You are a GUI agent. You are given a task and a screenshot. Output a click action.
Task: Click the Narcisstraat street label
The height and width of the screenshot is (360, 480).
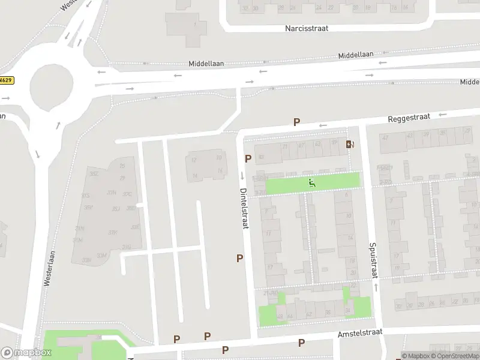coord(306,28)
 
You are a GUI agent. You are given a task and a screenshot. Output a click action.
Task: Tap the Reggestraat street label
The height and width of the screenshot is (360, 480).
coord(409,118)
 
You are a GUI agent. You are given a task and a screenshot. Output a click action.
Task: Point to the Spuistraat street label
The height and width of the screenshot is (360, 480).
coord(373,260)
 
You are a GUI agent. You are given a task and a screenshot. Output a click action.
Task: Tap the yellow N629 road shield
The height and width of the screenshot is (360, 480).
coord(6,80)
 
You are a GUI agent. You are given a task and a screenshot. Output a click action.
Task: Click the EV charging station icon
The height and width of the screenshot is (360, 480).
coord(350,144)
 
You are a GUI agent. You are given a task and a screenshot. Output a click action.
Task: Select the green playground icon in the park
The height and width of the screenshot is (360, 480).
coord(311,182)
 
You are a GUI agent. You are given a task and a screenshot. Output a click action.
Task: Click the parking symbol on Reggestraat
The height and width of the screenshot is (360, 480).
coord(296,122)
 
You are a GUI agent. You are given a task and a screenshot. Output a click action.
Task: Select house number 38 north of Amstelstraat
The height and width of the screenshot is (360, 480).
coord(328,313)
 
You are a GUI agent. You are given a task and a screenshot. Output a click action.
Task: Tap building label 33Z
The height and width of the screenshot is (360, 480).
coord(94,173)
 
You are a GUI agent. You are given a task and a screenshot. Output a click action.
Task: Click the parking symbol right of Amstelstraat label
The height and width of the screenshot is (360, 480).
coord(301,343)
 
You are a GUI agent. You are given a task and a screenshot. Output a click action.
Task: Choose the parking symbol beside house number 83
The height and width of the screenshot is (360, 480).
coord(248,158)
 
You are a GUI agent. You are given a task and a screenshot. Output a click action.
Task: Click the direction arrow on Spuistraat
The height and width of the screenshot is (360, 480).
coord(376,287)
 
